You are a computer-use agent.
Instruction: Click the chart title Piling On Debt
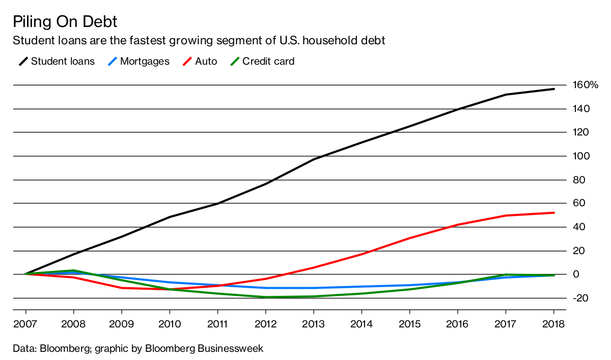(65, 22)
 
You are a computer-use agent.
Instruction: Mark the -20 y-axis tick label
(583, 298)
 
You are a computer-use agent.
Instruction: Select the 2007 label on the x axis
(25, 324)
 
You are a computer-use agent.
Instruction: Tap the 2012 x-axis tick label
(265, 324)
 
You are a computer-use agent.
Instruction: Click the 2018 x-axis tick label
(553, 324)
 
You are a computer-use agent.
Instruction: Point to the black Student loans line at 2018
(553, 89)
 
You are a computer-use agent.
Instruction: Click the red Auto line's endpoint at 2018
(553, 213)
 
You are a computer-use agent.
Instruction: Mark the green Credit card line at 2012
(265, 297)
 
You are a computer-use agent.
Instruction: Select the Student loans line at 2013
(314, 159)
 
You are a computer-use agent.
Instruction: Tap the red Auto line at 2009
(122, 288)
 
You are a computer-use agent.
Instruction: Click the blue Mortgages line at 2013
(314, 288)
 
